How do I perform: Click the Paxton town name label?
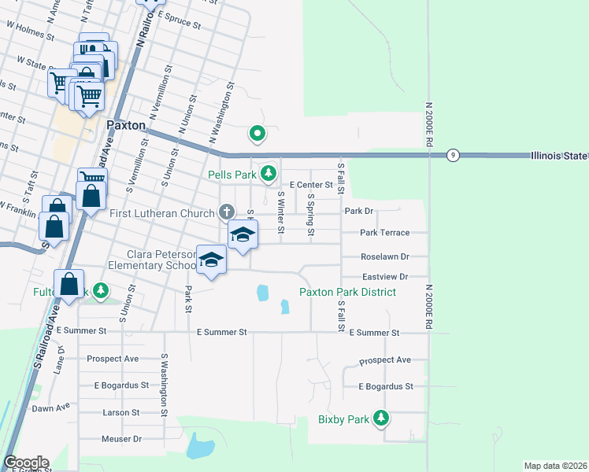coord(126,125)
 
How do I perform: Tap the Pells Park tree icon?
coord(269,173)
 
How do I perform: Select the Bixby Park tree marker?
coord(381,418)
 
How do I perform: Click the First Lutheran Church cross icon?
coord(227,212)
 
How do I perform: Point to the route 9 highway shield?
coord(453,155)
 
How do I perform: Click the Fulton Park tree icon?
coord(101,291)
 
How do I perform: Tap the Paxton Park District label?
coord(346,292)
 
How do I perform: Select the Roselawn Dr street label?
coord(384,256)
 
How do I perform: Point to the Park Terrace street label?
coord(385,233)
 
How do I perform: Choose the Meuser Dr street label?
coord(121,438)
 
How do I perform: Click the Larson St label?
coord(120,412)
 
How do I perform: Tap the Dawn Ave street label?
coord(51,407)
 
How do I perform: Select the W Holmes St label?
coord(30,31)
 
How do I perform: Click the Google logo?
coord(26,462)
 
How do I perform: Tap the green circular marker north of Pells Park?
coord(257,134)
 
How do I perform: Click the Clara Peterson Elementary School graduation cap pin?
coord(210,260)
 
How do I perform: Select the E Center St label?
coord(311,185)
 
